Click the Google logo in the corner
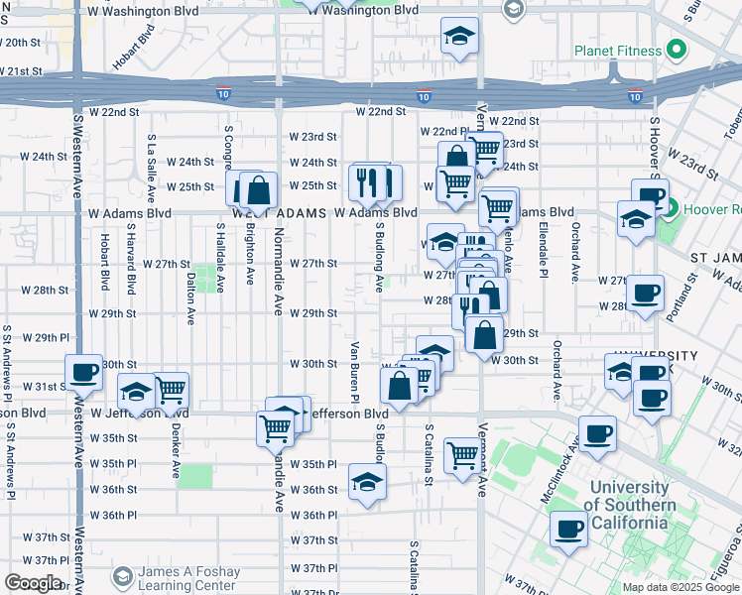[x=33, y=583]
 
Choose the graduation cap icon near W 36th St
[x=367, y=483]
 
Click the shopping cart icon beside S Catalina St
[x=462, y=456]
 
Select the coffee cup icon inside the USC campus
[x=568, y=529]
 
